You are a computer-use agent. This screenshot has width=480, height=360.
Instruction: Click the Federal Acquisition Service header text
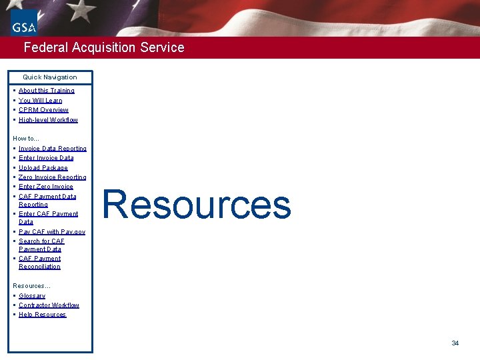pyautogui.click(x=104, y=47)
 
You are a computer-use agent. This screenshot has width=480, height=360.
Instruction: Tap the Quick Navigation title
pyautogui.click(x=50, y=77)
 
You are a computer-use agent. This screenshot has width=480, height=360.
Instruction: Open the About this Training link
pyautogui.click(x=47, y=91)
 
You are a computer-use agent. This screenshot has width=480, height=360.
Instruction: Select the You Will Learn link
pyautogui.click(x=41, y=101)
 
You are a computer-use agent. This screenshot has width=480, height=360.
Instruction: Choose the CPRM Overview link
pyautogui.click(x=43, y=110)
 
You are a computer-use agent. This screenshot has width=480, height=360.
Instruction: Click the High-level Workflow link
pyautogui.click(x=48, y=120)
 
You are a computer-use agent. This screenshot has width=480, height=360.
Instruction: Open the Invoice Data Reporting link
pyautogui.click(x=53, y=149)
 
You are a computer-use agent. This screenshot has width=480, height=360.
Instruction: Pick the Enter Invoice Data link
pyautogui.click(x=46, y=158)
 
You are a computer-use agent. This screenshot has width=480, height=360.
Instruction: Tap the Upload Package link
pyautogui.click(x=43, y=168)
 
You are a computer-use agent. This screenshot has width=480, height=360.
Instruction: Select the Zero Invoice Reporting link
pyautogui.click(x=53, y=177)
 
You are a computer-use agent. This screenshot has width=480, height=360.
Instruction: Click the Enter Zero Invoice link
pyautogui.click(x=46, y=187)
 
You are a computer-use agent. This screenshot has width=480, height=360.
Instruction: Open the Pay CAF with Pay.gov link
pyautogui.click(x=52, y=232)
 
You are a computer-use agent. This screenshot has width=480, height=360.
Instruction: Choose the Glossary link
pyautogui.click(x=32, y=296)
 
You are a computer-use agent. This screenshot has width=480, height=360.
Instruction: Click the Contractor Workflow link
pyautogui.click(x=49, y=305)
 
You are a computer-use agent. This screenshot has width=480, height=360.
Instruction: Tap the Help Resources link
pyautogui.click(x=43, y=315)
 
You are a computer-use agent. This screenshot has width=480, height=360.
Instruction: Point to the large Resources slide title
pyautogui.click(x=197, y=205)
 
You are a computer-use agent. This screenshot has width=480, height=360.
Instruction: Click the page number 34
pyautogui.click(x=455, y=343)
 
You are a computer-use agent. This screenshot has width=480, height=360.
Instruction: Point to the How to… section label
pyautogui.click(x=26, y=139)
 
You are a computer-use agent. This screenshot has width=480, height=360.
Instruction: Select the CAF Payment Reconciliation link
pyautogui.click(x=40, y=263)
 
